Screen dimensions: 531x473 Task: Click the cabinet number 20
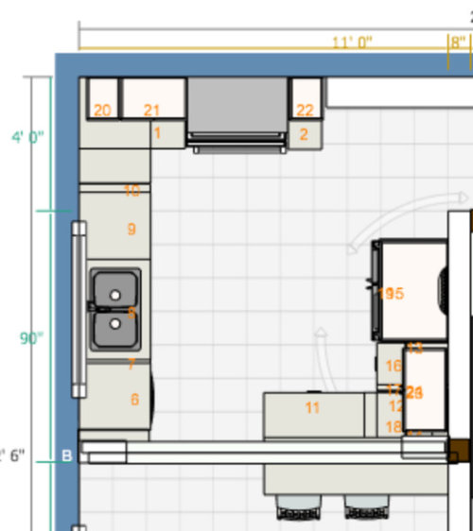coord(102,111)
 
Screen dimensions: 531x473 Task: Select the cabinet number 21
coord(151,111)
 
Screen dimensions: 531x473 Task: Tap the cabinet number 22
coord(305,111)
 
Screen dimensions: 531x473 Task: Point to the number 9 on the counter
coord(131,229)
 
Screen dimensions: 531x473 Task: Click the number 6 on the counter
coord(134,400)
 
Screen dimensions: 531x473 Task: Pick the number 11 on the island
coord(312,408)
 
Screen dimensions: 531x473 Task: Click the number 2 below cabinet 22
coord(304,134)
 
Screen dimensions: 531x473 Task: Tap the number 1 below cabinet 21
coord(157,133)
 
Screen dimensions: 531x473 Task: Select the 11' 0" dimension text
coord(352,42)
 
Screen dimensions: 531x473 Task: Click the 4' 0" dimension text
coord(27,137)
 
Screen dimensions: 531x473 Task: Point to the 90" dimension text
coord(32,338)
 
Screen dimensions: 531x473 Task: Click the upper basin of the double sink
coord(115,294)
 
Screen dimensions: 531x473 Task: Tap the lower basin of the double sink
coord(115,324)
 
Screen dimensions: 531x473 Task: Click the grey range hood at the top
coord(237,105)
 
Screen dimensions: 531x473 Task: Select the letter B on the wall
coord(67,456)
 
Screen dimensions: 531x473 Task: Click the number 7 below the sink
coord(131,364)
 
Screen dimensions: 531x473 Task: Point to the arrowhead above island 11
coord(321,333)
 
